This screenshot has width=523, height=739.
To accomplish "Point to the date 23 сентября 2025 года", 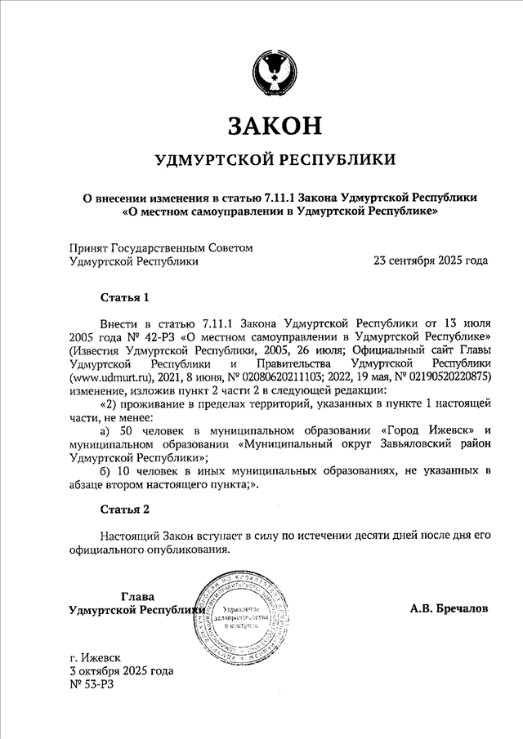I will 431,261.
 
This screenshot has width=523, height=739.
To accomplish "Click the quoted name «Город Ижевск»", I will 425,430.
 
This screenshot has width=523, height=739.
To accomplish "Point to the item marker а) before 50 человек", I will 104,430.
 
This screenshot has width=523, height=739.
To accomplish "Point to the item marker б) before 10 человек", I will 104,471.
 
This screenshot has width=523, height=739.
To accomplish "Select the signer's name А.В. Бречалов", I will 449,609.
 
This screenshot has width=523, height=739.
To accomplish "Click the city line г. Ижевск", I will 96,656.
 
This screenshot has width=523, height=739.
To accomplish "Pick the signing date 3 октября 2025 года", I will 122,670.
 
